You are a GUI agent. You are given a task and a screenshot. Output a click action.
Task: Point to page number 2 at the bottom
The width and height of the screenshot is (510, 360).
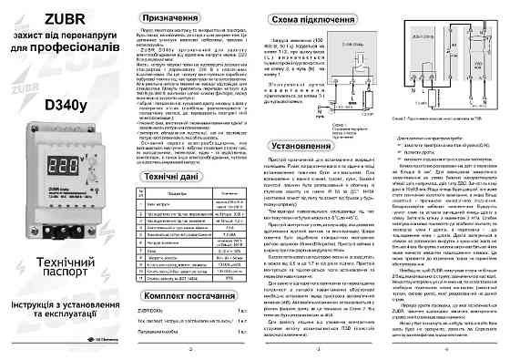coord(187,347)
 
